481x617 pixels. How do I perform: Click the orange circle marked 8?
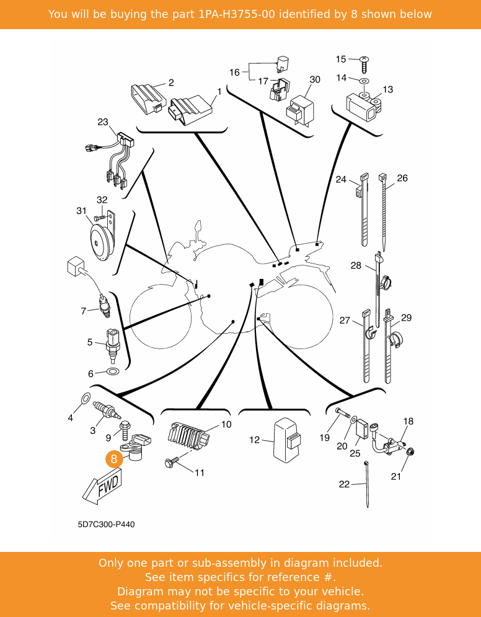(x=113, y=459)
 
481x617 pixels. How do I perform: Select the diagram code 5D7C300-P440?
(x=106, y=525)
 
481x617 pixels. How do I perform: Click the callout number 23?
(x=103, y=122)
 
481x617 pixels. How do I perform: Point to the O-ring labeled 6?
(x=112, y=372)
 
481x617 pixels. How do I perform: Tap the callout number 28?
(x=356, y=265)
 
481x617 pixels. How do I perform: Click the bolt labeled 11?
(x=172, y=462)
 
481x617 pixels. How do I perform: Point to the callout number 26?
(x=402, y=179)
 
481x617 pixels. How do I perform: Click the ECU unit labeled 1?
(x=191, y=109)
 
